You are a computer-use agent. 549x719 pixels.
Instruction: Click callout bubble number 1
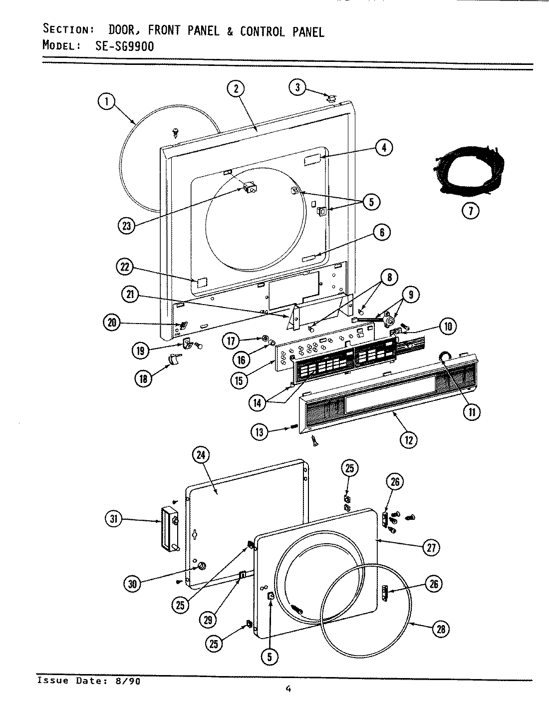click(x=105, y=102)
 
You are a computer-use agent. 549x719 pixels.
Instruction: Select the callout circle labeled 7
click(x=470, y=211)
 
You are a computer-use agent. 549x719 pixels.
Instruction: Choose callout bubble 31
click(x=114, y=519)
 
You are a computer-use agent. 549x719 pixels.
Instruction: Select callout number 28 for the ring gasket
click(x=441, y=629)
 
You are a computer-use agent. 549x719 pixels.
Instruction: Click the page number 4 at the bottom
click(x=288, y=689)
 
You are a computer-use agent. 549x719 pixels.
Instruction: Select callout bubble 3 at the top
click(x=297, y=88)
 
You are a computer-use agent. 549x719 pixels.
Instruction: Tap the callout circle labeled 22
click(x=125, y=267)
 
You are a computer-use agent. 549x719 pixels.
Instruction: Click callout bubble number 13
click(x=260, y=432)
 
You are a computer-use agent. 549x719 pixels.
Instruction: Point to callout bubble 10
click(x=447, y=327)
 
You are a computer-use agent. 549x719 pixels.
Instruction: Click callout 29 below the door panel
click(x=208, y=620)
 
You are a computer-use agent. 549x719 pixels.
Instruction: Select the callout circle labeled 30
click(x=132, y=584)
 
